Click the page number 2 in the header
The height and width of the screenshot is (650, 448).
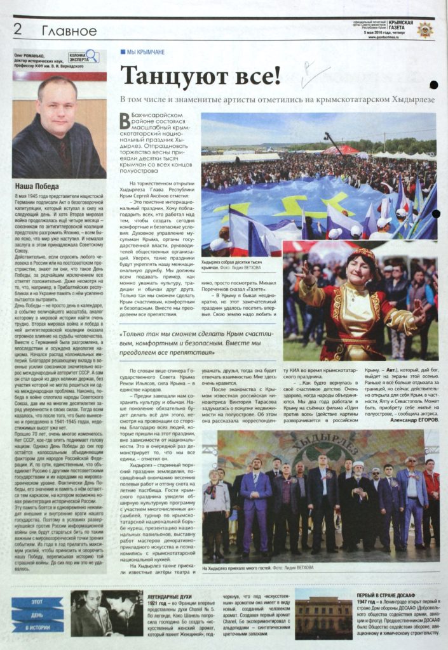[x=18, y=29]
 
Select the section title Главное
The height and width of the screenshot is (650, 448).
[x=69, y=30]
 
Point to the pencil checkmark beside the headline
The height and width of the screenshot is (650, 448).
[x=313, y=76]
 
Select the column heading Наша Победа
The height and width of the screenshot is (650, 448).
[x=37, y=187]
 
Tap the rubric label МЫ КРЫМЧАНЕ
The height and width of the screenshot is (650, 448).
[x=146, y=51]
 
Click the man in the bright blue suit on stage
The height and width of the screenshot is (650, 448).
[x=257, y=501]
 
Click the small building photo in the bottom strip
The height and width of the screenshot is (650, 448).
[x=323, y=615]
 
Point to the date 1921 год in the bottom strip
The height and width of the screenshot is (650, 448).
[x=160, y=604]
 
